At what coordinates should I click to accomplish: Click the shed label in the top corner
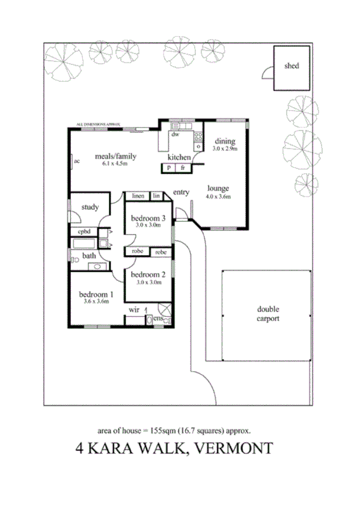tap(291, 66)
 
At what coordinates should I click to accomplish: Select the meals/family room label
tap(116, 156)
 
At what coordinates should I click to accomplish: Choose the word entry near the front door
tap(181, 192)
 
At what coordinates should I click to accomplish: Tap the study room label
tap(90, 207)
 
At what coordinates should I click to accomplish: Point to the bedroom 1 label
tap(96, 295)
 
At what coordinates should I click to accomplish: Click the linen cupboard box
tap(139, 196)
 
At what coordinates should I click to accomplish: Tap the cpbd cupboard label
tap(85, 232)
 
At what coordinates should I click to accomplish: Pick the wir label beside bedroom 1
tap(134, 309)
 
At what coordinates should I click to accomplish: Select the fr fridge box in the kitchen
tap(182, 168)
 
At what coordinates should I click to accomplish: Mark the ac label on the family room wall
tap(77, 161)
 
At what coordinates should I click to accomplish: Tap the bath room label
tap(89, 256)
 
